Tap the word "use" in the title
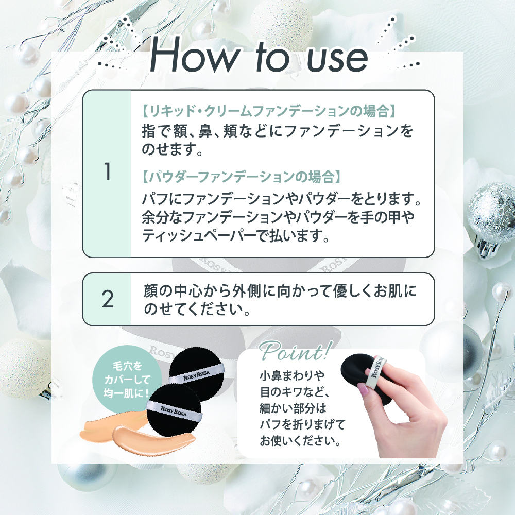click(x=337, y=59)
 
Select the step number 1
click(x=107, y=172)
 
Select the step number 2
click(x=108, y=299)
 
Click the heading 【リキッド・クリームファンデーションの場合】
click(x=269, y=111)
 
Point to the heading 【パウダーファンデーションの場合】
click(x=241, y=177)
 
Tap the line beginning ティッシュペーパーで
click(x=235, y=235)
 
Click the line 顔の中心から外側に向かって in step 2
click(x=280, y=290)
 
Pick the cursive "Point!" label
click(x=294, y=351)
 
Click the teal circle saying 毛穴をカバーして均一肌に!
click(x=127, y=377)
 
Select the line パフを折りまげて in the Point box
click(x=302, y=424)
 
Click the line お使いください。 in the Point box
click(x=300, y=441)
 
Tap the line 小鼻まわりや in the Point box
click(x=292, y=375)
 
